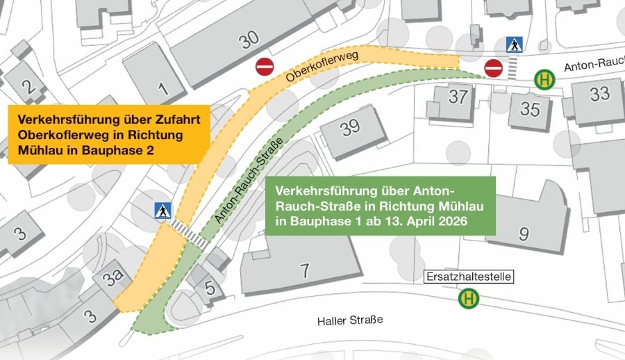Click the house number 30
pos(249,41)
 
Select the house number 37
pos(458,96)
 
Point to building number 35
pos(530,108)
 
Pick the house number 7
pos(304,270)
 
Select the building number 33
pos(599,93)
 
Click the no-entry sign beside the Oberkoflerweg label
pos(265,67)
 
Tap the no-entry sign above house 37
pos(494,69)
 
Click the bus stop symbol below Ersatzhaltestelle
pos(469,300)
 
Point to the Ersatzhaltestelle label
pos(468,277)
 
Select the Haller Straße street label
pos(349,320)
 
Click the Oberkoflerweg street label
pos(321,67)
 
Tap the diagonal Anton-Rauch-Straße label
pos(242,189)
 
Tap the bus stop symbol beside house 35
pos(544,80)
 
